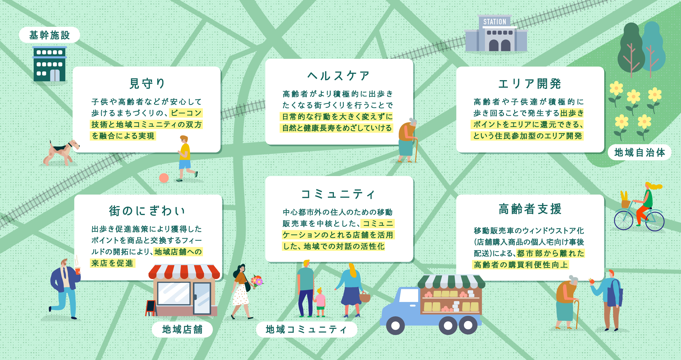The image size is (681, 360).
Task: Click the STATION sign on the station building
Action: [x=495, y=22]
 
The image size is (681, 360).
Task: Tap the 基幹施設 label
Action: [x=50, y=35]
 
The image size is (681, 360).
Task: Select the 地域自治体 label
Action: [x=639, y=153]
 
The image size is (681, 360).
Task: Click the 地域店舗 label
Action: [x=182, y=329]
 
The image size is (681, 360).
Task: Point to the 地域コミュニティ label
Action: [x=306, y=329]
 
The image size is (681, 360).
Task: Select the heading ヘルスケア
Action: [x=339, y=76]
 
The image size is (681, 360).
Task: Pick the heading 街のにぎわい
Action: [x=147, y=211]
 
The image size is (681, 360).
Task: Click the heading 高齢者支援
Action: [x=530, y=209]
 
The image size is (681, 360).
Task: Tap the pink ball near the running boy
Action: [x=164, y=178]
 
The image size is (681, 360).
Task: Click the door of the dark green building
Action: [x=55, y=75]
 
